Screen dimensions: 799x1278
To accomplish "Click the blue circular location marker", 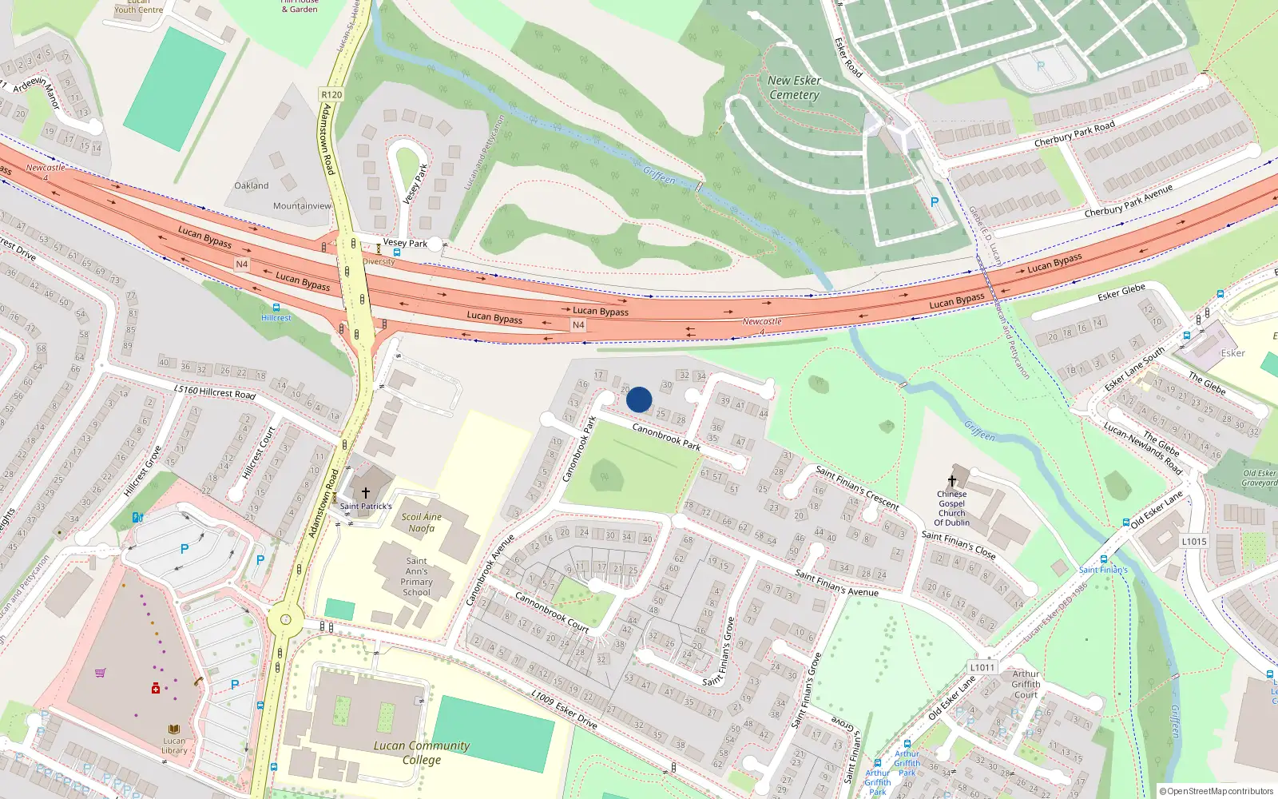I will (x=639, y=399).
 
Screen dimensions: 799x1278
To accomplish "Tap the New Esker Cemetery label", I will (x=794, y=88).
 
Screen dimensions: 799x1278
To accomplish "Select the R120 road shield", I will (x=331, y=94).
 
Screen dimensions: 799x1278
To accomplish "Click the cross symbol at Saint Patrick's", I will (x=366, y=493).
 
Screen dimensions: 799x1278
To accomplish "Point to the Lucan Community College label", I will (x=421, y=752).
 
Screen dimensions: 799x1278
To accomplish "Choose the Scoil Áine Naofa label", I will (x=421, y=523).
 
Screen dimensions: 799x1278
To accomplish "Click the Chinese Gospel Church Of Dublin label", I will (x=952, y=508).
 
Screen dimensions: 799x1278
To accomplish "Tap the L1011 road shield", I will (x=982, y=667).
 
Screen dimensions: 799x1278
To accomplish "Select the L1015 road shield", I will (x=1194, y=541).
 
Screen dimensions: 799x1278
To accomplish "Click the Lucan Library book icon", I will (x=174, y=729).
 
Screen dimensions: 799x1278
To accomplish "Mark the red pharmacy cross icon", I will (x=156, y=688).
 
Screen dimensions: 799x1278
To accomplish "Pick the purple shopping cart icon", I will (x=100, y=673).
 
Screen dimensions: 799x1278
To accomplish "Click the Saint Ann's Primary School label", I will (x=416, y=576).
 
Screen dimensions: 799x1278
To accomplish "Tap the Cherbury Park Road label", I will (x=1074, y=134).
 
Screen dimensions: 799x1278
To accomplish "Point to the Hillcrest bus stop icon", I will (x=276, y=308).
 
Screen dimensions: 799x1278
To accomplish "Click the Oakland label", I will (x=252, y=185).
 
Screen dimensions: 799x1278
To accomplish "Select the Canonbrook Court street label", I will (x=551, y=612).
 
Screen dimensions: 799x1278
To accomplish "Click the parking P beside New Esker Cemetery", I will (x=935, y=202).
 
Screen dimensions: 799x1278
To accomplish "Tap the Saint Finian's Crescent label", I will (x=857, y=487).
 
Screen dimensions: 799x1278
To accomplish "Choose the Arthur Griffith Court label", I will (x=1026, y=684).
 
